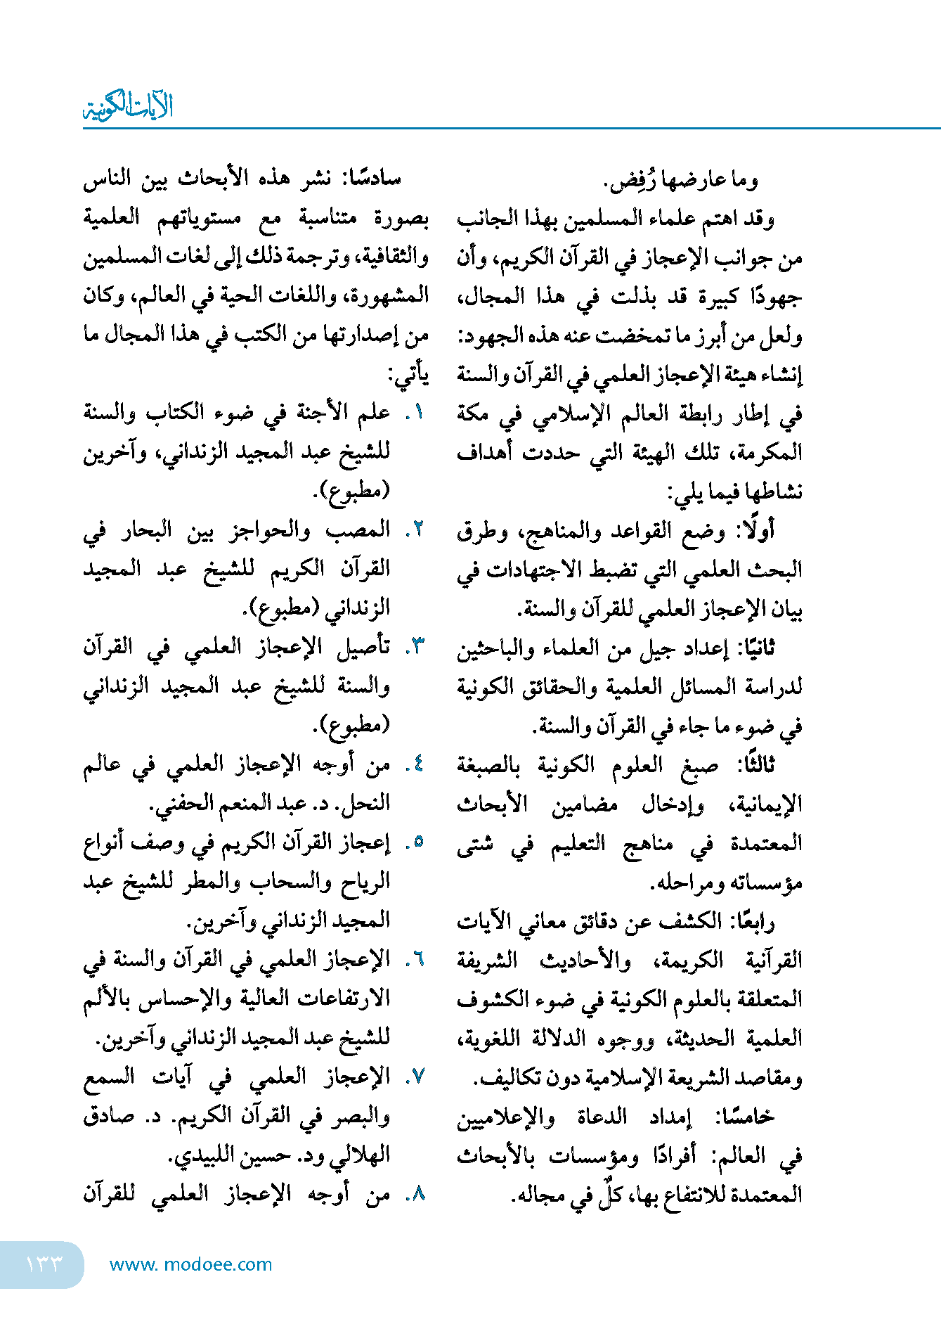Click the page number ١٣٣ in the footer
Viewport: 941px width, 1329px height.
point(44,1264)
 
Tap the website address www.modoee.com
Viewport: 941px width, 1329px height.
point(190,1264)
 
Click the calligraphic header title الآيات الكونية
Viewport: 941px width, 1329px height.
point(128,107)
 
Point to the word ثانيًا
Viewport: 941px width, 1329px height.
point(753,648)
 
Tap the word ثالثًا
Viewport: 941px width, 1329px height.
point(754,764)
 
